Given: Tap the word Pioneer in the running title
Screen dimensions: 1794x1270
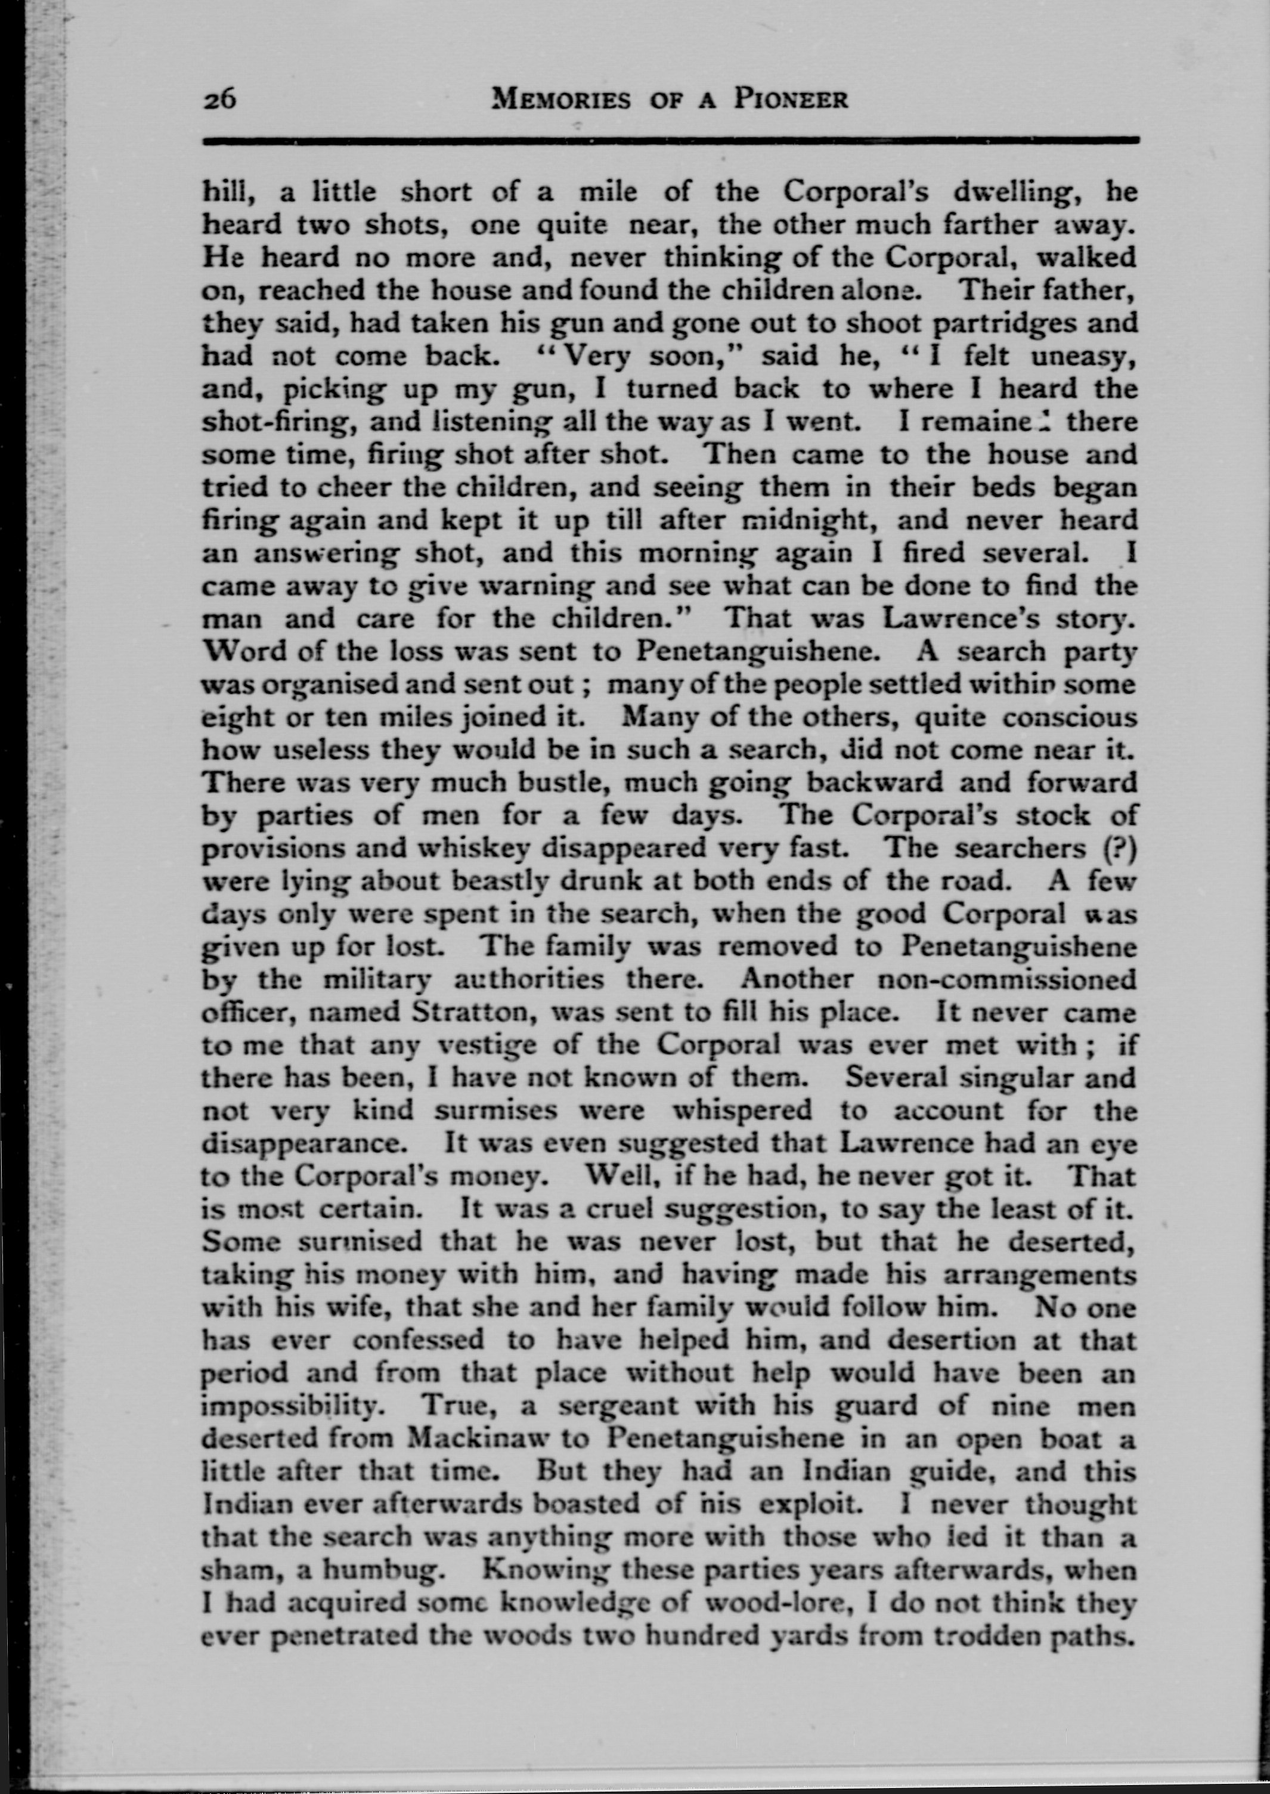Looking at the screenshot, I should pos(790,100).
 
